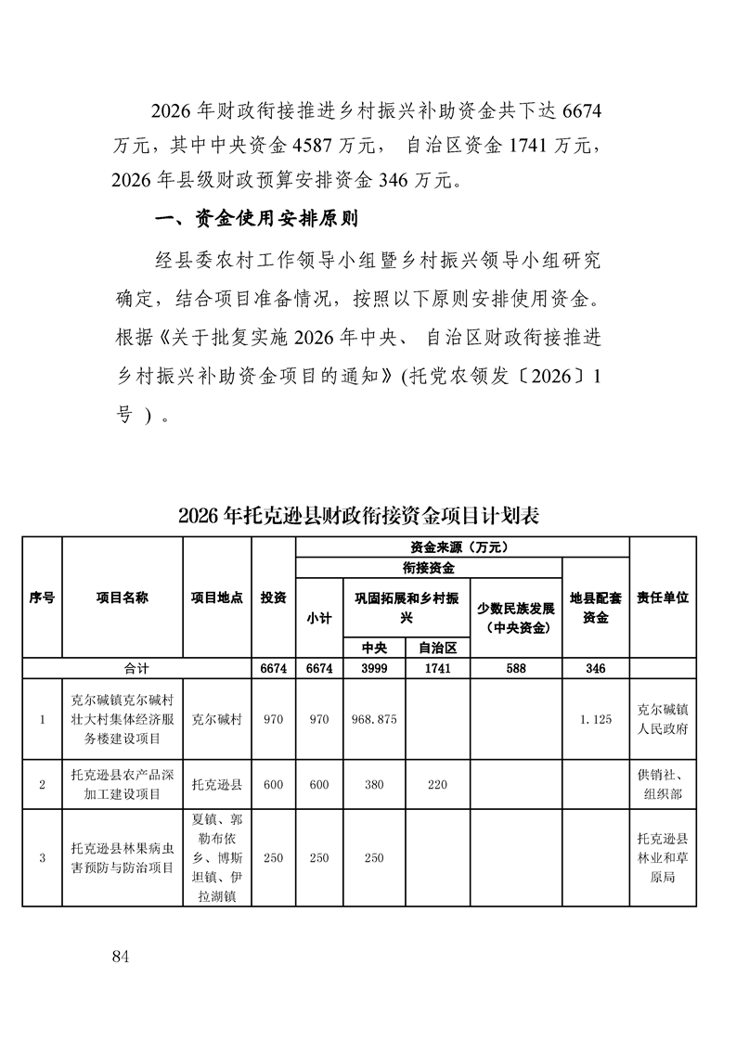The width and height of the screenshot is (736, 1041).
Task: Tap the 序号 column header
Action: click(x=42, y=598)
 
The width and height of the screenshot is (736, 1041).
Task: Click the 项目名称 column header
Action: click(x=122, y=598)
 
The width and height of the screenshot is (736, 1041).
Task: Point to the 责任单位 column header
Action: click(x=663, y=598)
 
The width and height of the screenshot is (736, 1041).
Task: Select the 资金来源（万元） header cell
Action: click(x=461, y=546)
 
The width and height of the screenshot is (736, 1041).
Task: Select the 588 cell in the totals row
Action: click(x=515, y=668)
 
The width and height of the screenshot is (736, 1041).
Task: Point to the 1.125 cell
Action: click(x=595, y=719)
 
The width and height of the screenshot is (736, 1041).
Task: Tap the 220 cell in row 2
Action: click(x=436, y=784)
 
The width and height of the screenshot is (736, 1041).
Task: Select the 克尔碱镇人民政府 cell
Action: click(x=663, y=719)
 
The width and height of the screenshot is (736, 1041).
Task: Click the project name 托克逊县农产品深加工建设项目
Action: click(x=122, y=784)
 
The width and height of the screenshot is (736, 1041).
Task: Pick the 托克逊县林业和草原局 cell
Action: click(x=663, y=858)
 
